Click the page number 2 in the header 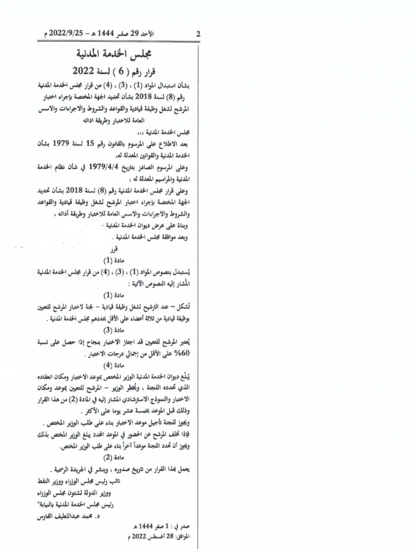tap(198, 35)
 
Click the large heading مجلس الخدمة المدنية tap(115, 54)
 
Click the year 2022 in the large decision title tap(84, 71)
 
